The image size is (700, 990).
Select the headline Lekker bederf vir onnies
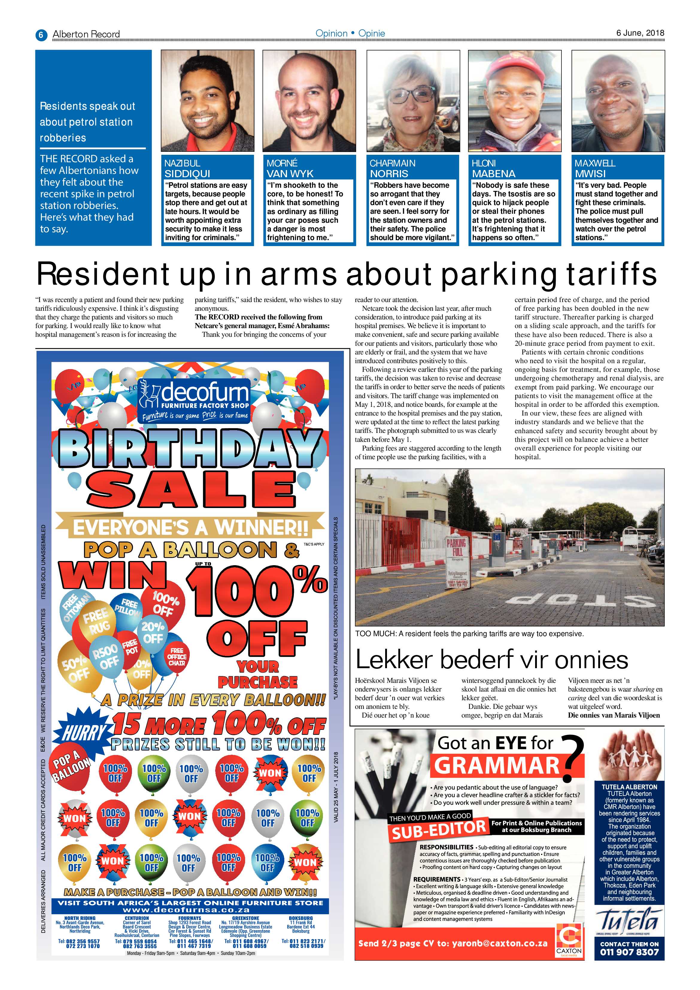(492, 659)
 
